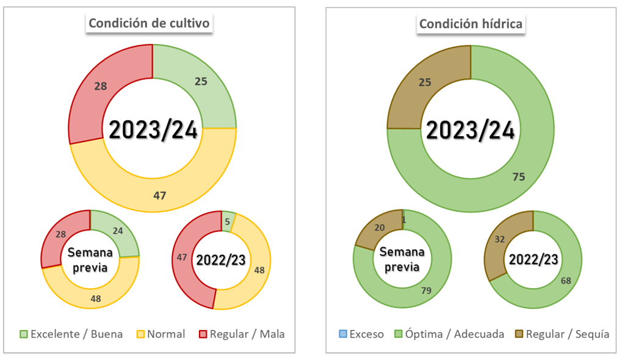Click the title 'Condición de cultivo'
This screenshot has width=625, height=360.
click(x=149, y=23)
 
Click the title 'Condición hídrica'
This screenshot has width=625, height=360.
click(x=471, y=24)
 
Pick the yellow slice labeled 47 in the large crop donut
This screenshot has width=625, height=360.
click(x=160, y=195)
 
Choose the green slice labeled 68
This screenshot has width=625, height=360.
click(x=565, y=281)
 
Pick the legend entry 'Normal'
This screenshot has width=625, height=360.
click(x=161, y=334)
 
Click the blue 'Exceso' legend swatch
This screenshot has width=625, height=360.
click(x=342, y=334)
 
